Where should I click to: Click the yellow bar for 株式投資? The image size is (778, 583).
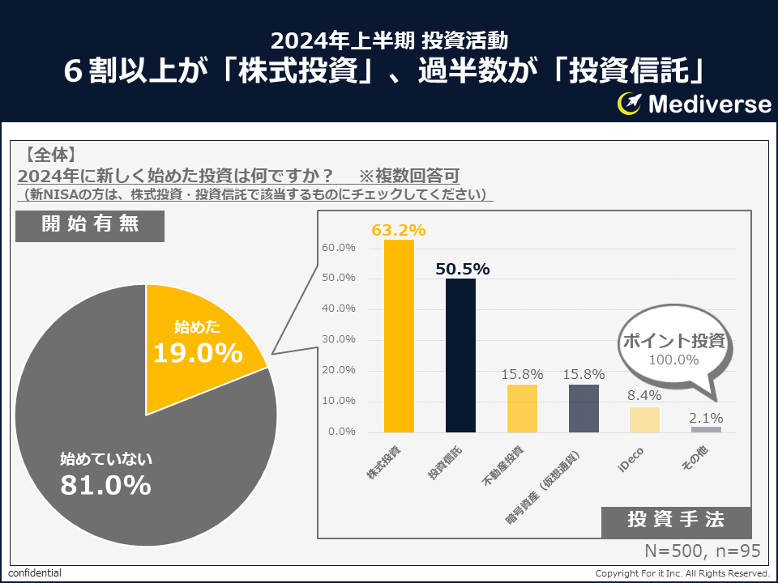point(399,336)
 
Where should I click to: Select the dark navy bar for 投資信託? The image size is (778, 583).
point(460,355)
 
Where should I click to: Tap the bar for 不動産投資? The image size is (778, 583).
point(522,408)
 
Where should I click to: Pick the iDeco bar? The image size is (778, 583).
point(644,419)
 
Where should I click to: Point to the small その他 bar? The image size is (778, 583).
point(706,429)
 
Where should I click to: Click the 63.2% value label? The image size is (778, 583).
point(399,230)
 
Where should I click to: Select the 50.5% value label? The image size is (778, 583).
point(462,269)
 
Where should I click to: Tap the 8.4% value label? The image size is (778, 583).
point(645,396)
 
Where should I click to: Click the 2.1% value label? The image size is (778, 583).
point(707,418)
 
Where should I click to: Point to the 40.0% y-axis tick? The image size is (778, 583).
point(339,309)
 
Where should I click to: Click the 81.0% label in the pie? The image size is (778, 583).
point(105,485)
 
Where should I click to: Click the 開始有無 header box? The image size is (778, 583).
point(90,225)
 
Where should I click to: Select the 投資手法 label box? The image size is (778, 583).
point(676,521)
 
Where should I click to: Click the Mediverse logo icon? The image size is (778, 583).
point(630,104)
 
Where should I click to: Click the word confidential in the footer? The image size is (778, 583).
point(35,573)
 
